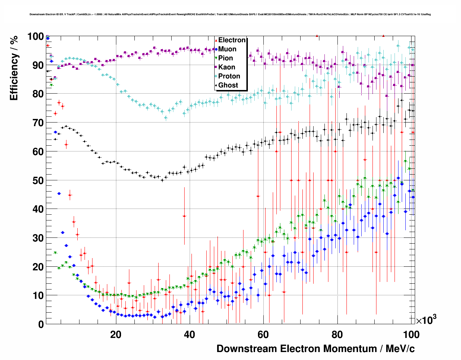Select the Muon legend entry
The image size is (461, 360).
227,49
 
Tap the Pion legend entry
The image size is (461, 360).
225,58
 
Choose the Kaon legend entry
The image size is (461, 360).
227,67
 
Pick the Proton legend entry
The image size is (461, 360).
229,76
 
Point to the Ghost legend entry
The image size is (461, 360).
228,85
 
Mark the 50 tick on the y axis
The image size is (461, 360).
38,180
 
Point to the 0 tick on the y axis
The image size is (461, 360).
40,324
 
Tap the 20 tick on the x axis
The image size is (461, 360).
116,334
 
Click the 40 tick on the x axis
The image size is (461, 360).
189,334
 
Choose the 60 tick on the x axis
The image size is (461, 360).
263,334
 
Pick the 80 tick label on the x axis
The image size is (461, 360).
337,334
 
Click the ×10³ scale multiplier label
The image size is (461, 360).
426,320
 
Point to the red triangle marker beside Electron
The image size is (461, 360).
216,40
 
